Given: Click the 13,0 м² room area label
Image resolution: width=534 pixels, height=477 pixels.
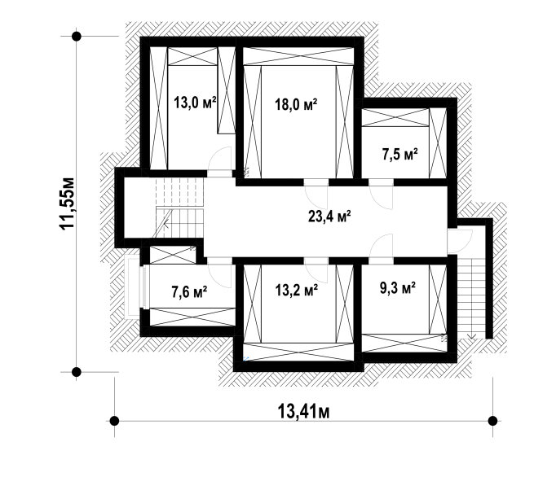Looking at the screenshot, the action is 195,102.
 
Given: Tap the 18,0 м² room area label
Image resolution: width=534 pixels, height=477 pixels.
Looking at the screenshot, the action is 296,104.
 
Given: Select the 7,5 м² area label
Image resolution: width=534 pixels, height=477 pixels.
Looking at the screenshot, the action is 399,155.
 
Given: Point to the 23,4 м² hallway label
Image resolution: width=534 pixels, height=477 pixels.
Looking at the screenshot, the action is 329,217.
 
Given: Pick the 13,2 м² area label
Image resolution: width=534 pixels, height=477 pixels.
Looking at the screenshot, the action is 297,290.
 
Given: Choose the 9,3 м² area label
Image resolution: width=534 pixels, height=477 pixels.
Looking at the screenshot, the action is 397,288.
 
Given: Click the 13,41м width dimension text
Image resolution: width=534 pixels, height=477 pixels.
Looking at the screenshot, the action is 304,411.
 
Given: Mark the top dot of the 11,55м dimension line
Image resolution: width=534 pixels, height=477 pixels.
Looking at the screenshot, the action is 77,36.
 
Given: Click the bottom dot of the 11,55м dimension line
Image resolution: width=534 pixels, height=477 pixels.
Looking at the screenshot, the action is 77,372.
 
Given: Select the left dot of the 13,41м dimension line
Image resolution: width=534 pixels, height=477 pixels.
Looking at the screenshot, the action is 114,421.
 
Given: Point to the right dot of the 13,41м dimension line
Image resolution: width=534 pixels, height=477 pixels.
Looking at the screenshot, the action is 492,421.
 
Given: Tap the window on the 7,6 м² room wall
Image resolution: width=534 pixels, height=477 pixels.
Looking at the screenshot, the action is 145,287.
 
